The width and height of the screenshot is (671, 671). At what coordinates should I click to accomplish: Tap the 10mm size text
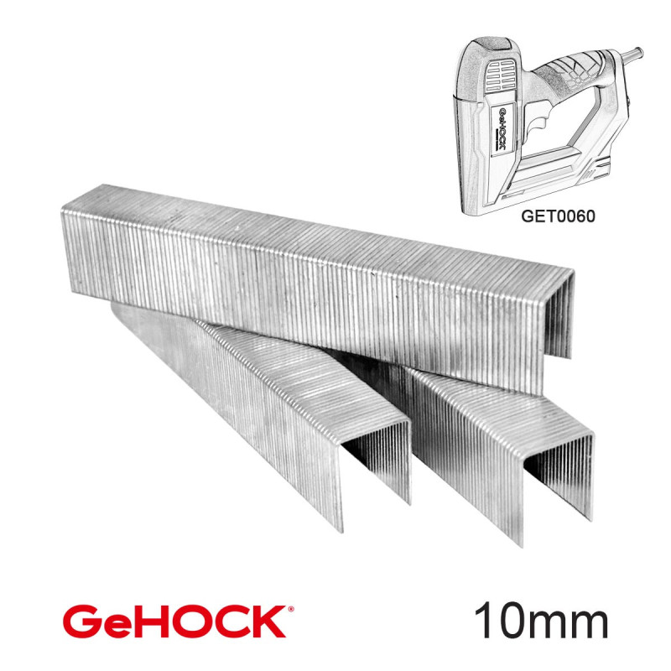tap(541, 622)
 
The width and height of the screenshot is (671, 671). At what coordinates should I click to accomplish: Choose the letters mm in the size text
tap(574, 625)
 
